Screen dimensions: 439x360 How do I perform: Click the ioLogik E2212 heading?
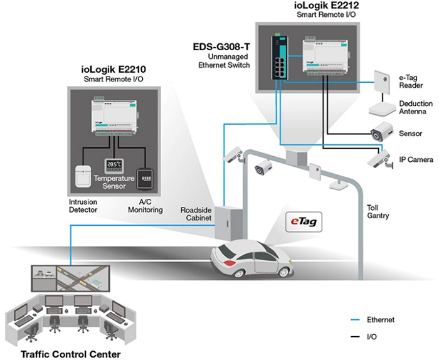[327, 5]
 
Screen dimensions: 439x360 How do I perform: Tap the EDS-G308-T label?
[221, 46]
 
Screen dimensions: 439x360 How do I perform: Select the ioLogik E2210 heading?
[114, 69]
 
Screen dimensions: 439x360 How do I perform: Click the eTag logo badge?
[304, 222]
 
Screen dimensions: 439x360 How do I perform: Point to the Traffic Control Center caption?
[70, 354]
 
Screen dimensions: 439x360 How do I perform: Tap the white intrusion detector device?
[83, 176]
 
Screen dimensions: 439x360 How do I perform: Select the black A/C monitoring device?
[145, 179]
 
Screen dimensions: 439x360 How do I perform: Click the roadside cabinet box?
[228, 223]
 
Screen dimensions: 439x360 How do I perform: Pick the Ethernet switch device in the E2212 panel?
[279, 57]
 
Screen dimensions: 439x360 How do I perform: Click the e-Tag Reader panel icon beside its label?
[381, 82]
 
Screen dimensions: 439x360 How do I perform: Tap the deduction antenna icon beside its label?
[381, 109]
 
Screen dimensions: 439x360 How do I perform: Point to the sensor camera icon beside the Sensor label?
[382, 131]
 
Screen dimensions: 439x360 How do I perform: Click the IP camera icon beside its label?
[381, 159]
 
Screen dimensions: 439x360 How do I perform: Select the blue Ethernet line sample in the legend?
[355, 320]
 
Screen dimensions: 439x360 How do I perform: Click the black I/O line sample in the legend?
[355, 337]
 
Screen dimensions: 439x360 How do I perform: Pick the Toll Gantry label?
[378, 211]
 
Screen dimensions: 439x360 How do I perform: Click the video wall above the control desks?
[70, 278]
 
